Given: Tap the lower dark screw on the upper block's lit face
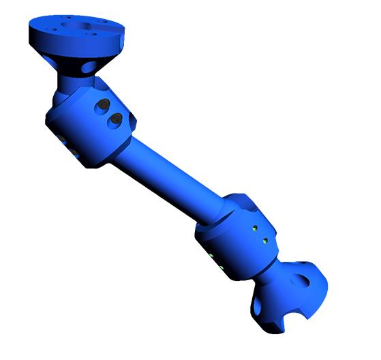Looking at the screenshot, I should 114,121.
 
